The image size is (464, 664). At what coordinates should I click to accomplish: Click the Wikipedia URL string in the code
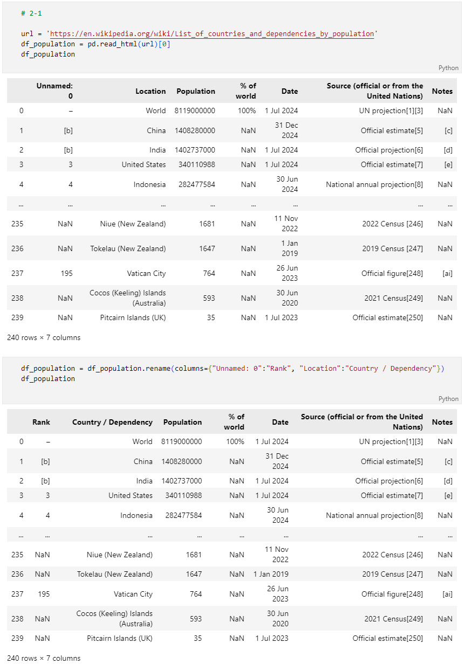tap(213, 33)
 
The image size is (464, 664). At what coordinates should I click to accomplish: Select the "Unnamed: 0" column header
tap(54, 91)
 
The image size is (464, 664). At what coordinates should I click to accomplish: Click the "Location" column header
tap(151, 91)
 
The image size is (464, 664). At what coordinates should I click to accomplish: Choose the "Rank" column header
tap(41, 422)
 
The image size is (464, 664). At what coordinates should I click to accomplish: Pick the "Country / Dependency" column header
tap(112, 422)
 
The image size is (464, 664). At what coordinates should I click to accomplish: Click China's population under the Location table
tap(195, 130)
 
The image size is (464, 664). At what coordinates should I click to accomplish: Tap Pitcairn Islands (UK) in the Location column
tap(133, 317)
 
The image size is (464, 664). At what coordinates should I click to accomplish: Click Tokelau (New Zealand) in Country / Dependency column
tap(114, 574)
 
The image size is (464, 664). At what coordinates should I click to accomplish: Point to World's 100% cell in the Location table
tap(247, 110)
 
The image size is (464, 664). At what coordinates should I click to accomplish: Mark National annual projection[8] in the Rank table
tap(374, 515)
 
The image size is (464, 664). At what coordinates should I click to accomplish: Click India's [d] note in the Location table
tap(448, 150)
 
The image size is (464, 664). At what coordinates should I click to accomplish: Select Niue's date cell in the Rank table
tap(277, 554)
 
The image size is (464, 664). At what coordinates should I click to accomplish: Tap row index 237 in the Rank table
tap(17, 594)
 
